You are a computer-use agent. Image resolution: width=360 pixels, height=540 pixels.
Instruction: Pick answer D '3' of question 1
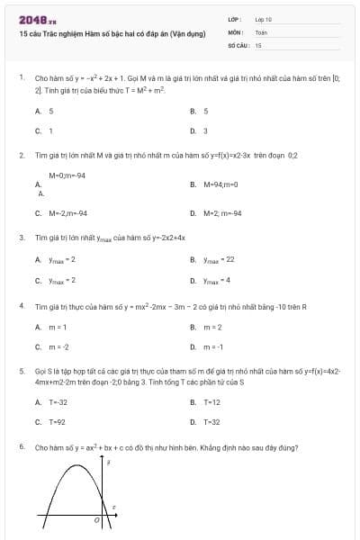point(199,130)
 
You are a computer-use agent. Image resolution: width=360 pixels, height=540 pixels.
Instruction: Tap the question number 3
point(21,238)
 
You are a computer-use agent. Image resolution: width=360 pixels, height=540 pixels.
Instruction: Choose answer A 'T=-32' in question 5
point(52,401)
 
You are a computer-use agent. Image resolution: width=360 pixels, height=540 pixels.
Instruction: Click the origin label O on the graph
point(96,520)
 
